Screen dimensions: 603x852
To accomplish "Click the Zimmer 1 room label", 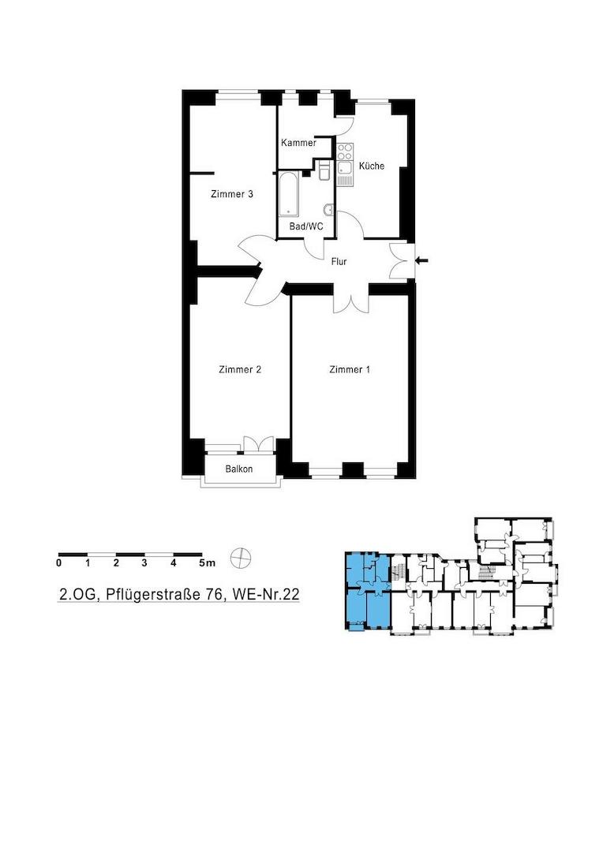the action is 350,369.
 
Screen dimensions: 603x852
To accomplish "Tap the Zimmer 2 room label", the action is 240,369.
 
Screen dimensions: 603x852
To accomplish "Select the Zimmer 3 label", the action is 231,194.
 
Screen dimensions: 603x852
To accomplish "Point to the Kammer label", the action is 298,143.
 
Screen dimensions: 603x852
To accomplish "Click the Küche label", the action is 372,166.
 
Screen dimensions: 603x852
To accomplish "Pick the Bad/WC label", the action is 306,226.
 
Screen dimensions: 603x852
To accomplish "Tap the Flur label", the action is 339,261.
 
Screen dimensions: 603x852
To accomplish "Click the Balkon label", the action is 238,469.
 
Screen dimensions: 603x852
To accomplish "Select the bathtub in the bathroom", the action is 288,195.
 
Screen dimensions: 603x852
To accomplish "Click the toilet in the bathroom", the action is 324,170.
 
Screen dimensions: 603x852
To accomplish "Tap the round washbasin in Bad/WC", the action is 328,210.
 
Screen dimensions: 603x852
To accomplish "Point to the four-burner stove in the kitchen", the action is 345,152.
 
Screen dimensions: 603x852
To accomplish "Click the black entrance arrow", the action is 421,261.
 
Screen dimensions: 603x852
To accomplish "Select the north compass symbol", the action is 241,557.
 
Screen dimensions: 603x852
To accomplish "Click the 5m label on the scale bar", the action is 208,563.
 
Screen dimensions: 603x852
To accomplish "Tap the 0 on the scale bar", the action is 58,563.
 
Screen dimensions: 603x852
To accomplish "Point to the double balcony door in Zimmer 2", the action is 258,443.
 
